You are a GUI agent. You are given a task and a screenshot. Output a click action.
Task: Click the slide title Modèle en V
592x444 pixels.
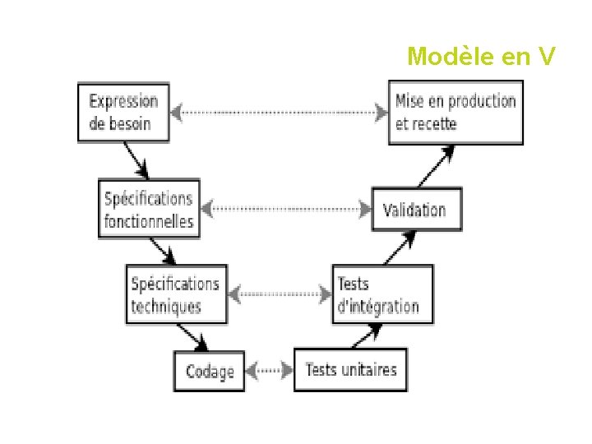pyautogui.click(x=482, y=57)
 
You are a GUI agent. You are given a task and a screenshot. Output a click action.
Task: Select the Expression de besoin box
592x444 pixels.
pyautogui.click(x=123, y=113)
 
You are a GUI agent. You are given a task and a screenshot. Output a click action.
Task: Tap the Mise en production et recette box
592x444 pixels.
pyautogui.click(x=455, y=113)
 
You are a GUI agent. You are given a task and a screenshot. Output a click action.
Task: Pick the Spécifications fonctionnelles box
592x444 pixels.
pyautogui.click(x=149, y=210)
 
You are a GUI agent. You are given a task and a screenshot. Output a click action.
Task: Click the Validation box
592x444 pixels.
pyautogui.click(x=416, y=210)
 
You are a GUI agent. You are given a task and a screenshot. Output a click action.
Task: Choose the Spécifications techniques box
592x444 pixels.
pyautogui.click(x=176, y=294)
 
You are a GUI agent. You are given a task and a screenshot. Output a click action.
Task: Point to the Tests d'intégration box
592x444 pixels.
pyautogui.click(x=382, y=294)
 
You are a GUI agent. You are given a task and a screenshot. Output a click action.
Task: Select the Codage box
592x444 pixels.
pyautogui.click(x=209, y=372)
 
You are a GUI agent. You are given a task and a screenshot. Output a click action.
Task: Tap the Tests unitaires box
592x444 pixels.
pyautogui.click(x=350, y=370)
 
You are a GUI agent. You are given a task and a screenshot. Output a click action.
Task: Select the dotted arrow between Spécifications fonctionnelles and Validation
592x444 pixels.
pyautogui.click(x=287, y=209)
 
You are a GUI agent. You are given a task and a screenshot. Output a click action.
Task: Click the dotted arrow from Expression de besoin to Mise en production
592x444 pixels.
pyautogui.click(x=280, y=112)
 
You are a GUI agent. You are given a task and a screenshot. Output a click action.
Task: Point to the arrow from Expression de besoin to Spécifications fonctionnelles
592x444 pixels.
pyautogui.click(x=136, y=160)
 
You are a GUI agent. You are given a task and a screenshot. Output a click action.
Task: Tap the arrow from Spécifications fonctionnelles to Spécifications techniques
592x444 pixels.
pyautogui.click(x=162, y=250)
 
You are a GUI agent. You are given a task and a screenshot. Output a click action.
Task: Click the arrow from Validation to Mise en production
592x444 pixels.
pyautogui.click(x=435, y=167)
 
